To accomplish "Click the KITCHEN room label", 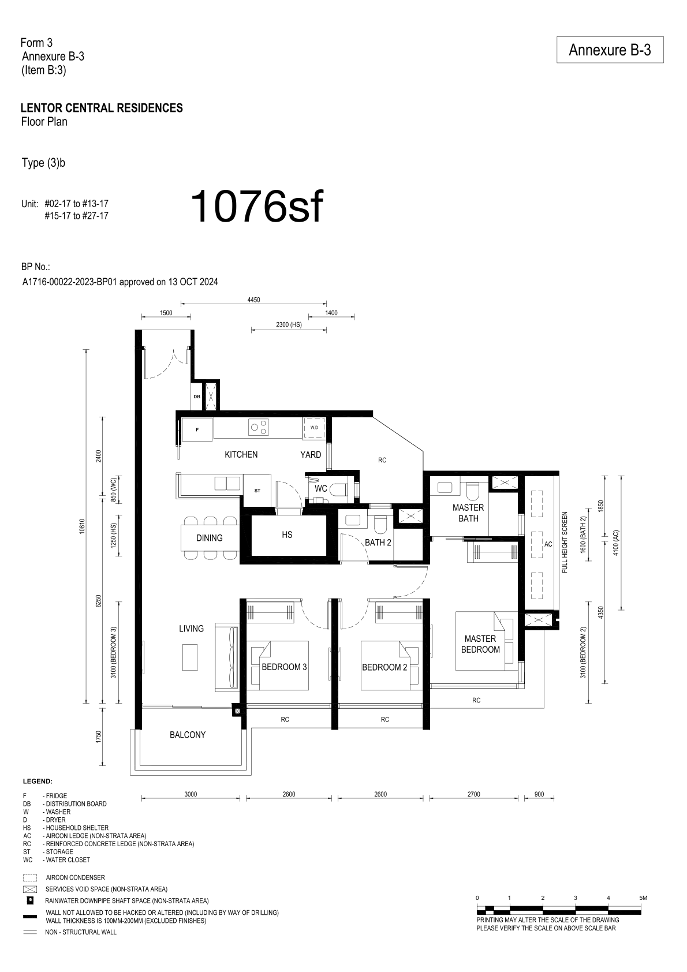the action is pyautogui.click(x=241, y=454).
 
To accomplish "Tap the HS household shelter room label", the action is pyautogui.click(x=287, y=534).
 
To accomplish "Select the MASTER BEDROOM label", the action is pyautogui.click(x=480, y=644).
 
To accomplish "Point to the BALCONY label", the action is pyautogui.click(x=188, y=735).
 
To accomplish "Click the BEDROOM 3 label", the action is pyautogui.click(x=284, y=667).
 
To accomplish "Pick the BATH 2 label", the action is pyautogui.click(x=378, y=543).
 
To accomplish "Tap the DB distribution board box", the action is pyautogui.click(x=197, y=397).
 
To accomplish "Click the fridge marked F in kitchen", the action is pyautogui.click(x=197, y=429).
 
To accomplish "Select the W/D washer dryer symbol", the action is pyautogui.click(x=314, y=428).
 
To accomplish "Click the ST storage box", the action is pyautogui.click(x=257, y=491).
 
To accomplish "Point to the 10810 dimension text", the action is pyautogui.click(x=81, y=526).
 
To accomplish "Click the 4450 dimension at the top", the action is pyautogui.click(x=253, y=300).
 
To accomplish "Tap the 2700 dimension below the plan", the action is pyautogui.click(x=473, y=794).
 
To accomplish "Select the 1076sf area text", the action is pyautogui.click(x=257, y=207).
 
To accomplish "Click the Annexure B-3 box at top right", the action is pyautogui.click(x=610, y=50).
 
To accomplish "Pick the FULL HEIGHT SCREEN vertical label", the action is pyautogui.click(x=565, y=543).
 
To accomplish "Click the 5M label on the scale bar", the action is pyautogui.click(x=643, y=898).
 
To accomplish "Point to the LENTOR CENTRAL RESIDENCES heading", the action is pyautogui.click(x=102, y=108).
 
